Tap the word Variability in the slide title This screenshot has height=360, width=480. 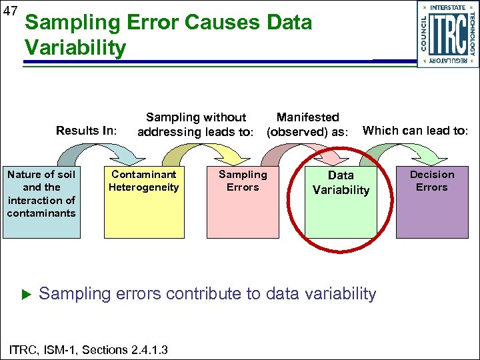pos(75,47)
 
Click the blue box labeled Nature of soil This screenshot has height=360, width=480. pos(41,200)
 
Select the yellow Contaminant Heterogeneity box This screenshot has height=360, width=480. pos(144,200)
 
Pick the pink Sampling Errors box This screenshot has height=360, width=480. pos(243,200)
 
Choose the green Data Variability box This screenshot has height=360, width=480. pos(341,200)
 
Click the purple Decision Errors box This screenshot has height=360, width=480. pos(432,200)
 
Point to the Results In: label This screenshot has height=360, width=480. pos(86,131)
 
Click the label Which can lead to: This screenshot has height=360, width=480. pos(415,131)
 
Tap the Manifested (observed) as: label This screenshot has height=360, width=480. pos(307,125)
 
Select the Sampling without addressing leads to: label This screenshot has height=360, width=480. pos(195,125)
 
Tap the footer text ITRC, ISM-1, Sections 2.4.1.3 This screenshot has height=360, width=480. pos(87,350)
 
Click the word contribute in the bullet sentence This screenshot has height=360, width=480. pos(213,293)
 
